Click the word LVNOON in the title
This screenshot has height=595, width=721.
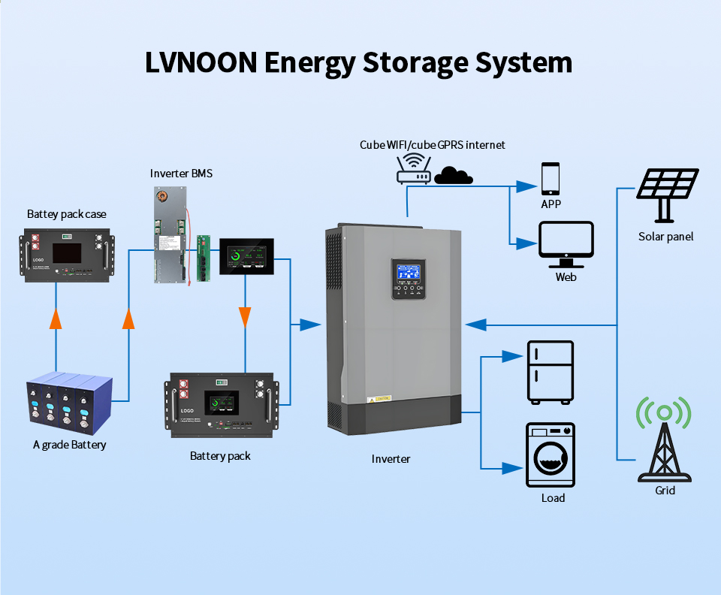click(x=201, y=62)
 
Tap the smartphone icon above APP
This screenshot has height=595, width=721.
click(x=551, y=179)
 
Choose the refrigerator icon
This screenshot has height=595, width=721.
click(x=550, y=371)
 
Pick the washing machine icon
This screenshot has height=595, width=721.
click(x=550, y=455)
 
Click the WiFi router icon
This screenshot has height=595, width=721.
click(x=413, y=170)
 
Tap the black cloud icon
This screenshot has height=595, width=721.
click(x=454, y=176)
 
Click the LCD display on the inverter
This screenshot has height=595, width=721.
click(x=406, y=272)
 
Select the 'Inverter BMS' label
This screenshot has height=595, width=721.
click(x=181, y=174)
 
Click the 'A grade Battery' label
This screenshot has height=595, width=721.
click(x=70, y=445)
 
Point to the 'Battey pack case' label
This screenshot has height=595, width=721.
click(x=67, y=214)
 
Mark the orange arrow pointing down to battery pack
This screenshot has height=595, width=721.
click(x=244, y=316)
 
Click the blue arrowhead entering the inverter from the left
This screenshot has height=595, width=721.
click(x=309, y=325)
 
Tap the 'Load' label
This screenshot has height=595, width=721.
click(x=553, y=498)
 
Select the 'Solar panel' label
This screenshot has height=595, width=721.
click(x=666, y=237)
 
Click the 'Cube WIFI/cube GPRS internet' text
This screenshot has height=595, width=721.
click(x=432, y=144)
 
